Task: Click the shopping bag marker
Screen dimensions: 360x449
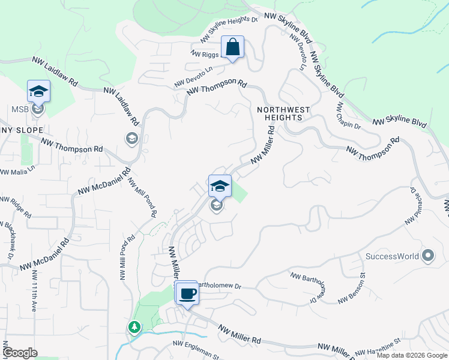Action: tap(232, 47)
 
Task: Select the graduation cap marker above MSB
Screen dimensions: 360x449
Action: tap(38, 92)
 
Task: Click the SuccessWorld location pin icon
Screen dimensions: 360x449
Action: tap(428, 256)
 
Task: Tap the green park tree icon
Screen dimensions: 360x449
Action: tap(134, 328)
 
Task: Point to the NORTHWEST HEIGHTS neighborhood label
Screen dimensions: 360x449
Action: tap(283, 114)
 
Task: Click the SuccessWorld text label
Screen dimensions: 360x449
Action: tap(393, 257)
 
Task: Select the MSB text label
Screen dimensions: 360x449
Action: tap(20, 110)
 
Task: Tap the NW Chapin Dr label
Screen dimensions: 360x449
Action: tap(348, 116)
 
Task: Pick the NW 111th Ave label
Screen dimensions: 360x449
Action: tap(35, 291)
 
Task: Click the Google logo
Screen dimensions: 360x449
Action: tap(20, 353)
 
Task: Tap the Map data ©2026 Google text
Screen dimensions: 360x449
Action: tap(412, 355)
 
